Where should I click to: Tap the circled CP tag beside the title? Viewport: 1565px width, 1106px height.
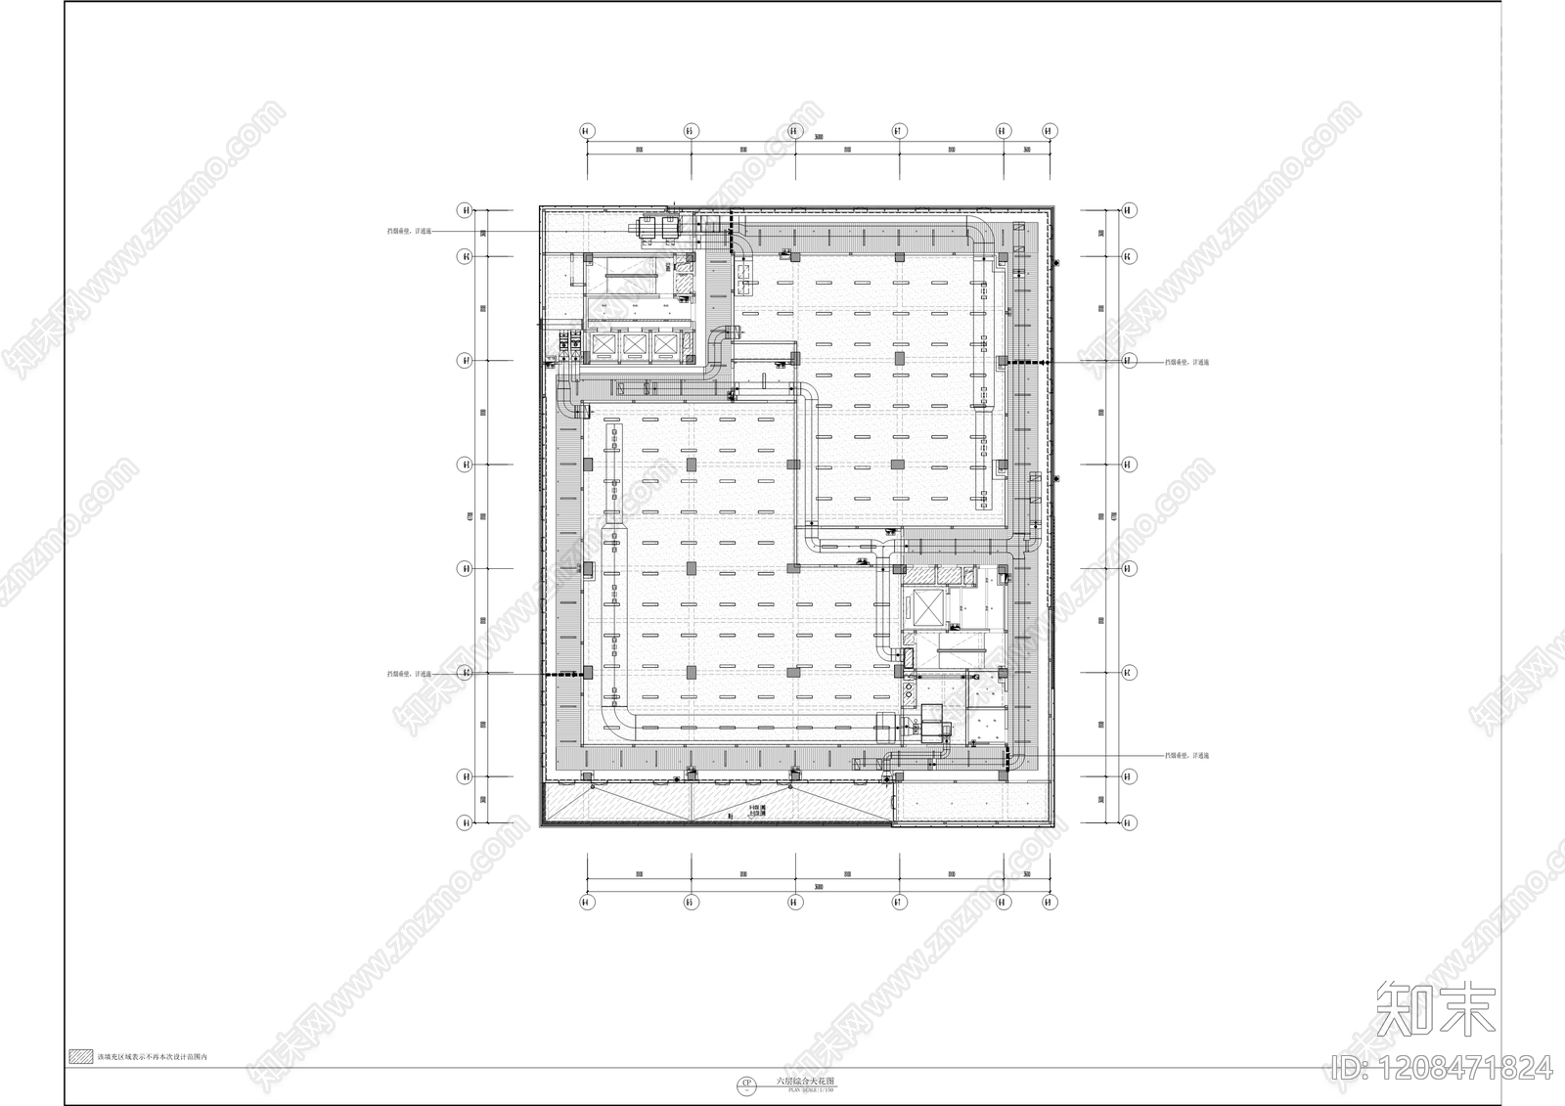[747, 1084]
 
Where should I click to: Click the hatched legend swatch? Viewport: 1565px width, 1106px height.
[80, 1057]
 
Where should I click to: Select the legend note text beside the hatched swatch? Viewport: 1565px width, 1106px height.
[152, 1058]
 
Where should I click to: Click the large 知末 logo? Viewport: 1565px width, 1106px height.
[1435, 1009]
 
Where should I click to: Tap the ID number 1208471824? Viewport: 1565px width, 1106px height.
[1443, 1068]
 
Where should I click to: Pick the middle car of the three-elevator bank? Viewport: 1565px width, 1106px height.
[636, 344]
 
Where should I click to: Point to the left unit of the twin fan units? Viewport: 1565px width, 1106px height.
[647, 228]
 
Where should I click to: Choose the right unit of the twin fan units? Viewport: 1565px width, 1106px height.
[670, 228]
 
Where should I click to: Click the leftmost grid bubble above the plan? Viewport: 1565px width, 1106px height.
[586, 130]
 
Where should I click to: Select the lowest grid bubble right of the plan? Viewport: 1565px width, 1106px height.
[1129, 822]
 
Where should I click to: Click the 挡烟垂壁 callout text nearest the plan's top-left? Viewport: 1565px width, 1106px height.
[409, 232]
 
